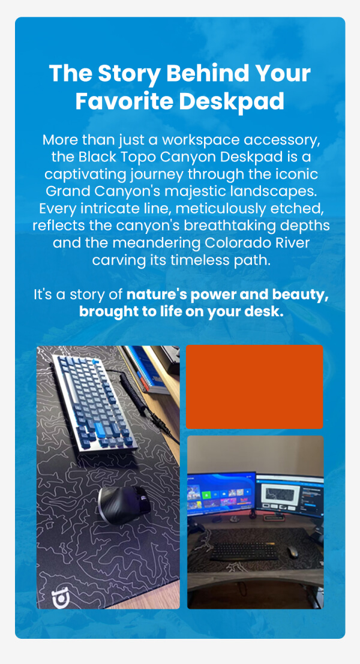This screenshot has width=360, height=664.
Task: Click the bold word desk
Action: pos(264,312)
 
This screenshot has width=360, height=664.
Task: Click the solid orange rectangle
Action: pos(254,387)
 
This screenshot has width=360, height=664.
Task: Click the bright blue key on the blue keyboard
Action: pos(100,430)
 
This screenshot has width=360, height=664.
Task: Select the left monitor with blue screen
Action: pos(221,494)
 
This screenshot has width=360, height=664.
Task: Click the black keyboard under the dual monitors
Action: pos(244,551)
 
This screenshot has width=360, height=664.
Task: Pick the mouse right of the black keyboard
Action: pos(292,551)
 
